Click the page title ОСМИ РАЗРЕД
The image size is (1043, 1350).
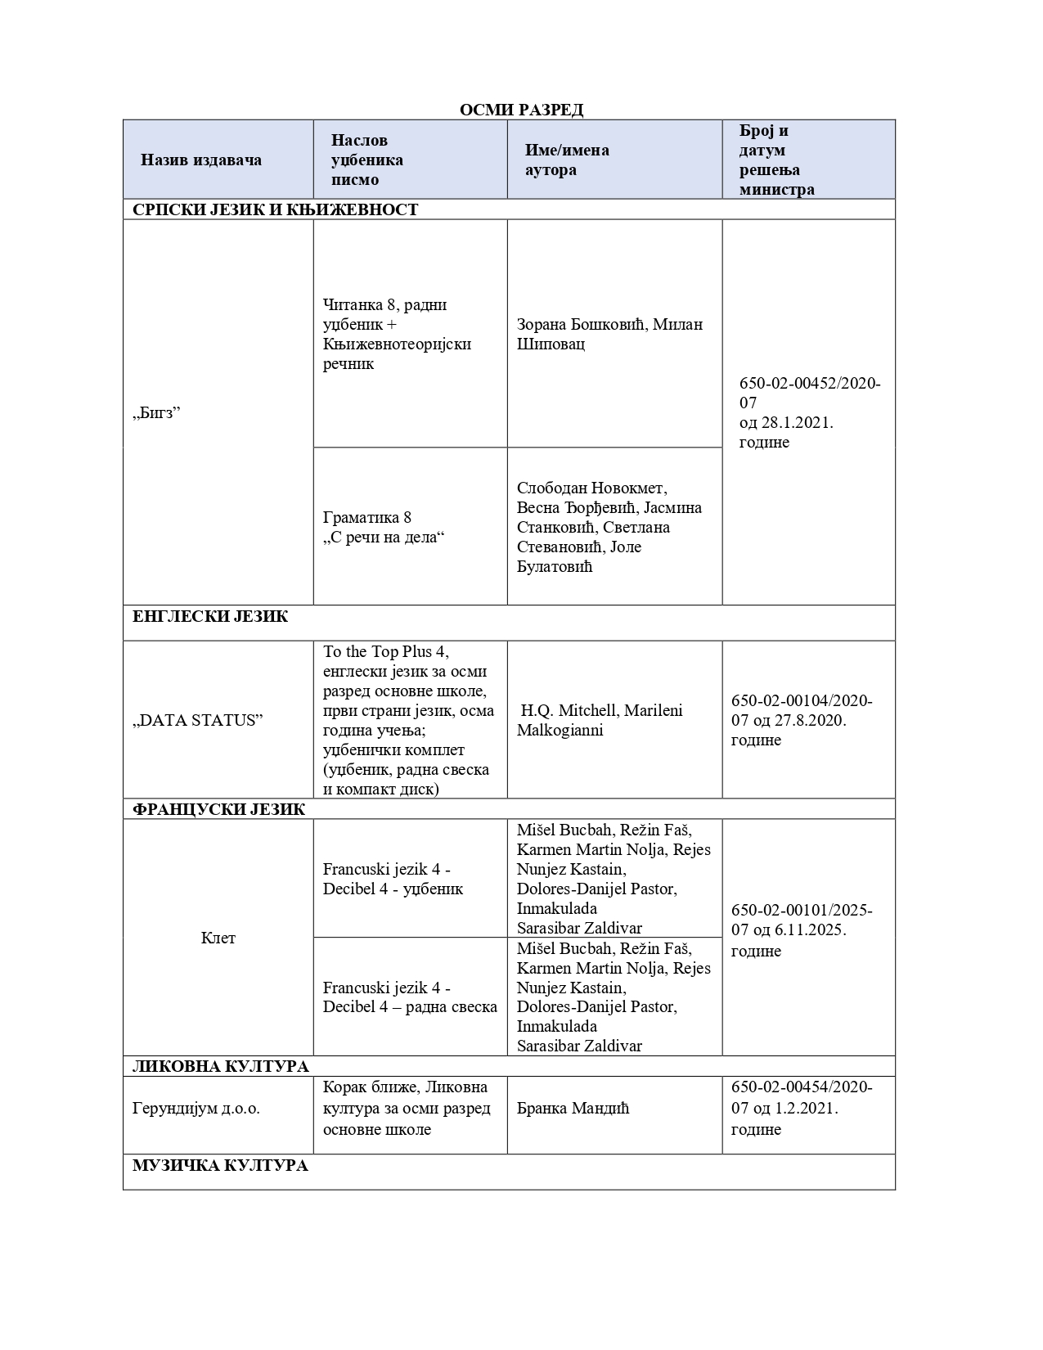(521, 110)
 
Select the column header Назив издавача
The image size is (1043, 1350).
(201, 160)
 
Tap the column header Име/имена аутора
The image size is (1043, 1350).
(567, 160)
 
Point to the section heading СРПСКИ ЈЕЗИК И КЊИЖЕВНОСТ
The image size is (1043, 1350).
(275, 209)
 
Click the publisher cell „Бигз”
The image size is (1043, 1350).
(156, 412)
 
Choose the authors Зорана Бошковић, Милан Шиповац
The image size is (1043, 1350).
(609, 334)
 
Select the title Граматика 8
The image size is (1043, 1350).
(367, 517)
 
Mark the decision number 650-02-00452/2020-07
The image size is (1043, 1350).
(809, 393)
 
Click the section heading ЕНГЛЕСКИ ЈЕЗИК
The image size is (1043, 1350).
(210, 616)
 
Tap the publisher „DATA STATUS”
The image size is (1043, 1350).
(198, 720)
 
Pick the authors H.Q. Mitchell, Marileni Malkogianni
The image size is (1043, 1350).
(600, 720)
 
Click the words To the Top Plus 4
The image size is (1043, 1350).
(386, 652)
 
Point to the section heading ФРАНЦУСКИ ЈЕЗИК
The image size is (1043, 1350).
(218, 809)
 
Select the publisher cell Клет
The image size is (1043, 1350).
(218, 938)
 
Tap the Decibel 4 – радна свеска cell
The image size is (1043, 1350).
(410, 997)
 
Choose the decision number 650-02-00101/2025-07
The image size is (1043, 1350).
(802, 920)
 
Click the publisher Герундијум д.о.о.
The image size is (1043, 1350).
(196, 1109)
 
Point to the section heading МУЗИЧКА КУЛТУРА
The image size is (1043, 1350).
(220, 1165)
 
